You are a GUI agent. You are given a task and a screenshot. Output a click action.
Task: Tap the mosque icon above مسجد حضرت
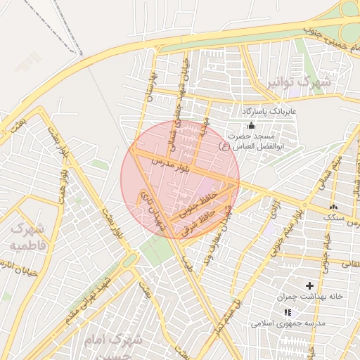[251, 124]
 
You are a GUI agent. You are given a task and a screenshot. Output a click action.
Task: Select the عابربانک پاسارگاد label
[270, 112]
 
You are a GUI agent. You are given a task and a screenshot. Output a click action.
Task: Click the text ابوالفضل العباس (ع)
[248, 146]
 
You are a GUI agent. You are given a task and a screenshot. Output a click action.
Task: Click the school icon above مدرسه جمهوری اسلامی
[287, 312]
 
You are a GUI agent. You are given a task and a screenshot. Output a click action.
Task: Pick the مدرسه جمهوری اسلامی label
[288, 323]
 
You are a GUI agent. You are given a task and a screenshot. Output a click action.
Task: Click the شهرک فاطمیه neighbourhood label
[28, 236]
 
